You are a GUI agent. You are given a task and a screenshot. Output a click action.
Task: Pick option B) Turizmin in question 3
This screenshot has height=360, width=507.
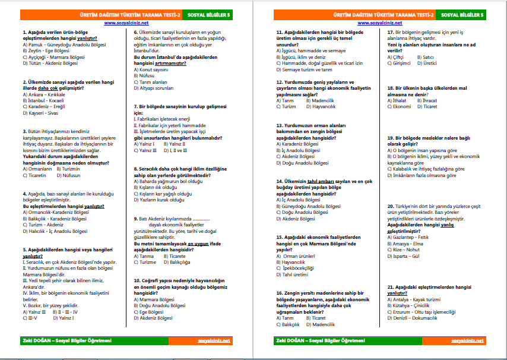69,168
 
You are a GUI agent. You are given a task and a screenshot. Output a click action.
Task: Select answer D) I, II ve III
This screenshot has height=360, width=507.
172,151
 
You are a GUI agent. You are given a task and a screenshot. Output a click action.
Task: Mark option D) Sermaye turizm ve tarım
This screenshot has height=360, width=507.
309,70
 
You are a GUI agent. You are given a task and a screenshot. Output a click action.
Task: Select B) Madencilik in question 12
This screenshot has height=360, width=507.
321,100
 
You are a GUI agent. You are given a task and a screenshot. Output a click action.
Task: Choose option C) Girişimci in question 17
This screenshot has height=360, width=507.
399,63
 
